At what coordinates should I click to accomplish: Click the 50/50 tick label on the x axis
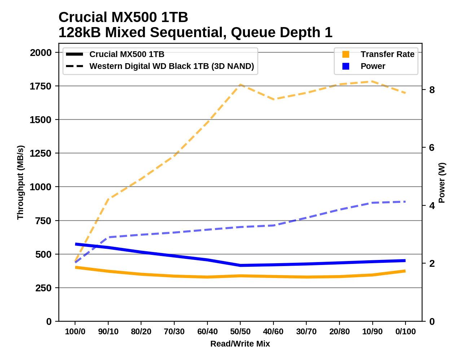240,331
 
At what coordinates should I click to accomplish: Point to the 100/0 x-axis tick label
75,331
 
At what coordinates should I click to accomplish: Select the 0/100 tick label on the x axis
406,331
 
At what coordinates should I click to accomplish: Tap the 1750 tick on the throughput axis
41,86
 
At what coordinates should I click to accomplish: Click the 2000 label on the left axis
41,52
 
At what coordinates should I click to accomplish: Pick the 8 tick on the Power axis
431,90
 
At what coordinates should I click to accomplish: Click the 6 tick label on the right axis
431,147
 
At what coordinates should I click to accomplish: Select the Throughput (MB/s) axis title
20,182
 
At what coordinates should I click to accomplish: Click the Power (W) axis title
442,182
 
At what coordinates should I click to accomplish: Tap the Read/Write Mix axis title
240,344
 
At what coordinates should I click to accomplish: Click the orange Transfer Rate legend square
346,54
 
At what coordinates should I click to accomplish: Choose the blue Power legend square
346,66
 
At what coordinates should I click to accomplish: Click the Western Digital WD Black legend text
172,66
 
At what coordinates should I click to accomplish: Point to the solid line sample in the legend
75,54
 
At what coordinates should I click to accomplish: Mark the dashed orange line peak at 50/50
240,84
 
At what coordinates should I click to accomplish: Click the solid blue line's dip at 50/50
240,265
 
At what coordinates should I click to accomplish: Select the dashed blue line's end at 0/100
405,201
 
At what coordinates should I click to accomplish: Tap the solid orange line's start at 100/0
75,267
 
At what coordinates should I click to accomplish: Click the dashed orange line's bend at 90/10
108,199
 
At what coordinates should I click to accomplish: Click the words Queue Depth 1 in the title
281,32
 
